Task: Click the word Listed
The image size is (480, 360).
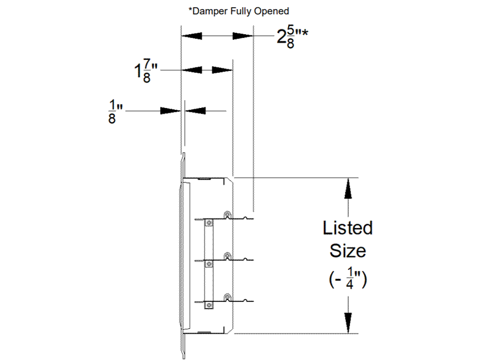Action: [x=347, y=229]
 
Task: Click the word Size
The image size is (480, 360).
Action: [x=347, y=250]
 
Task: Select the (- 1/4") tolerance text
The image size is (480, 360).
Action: [x=347, y=277]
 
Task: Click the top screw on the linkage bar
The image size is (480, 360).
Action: [x=209, y=223]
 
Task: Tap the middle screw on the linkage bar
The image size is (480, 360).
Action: [x=209, y=263]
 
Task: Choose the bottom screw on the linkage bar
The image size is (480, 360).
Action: [x=209, y=304]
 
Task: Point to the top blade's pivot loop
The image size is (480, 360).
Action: [x=227, y=215]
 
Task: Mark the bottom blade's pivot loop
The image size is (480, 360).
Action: [x=227, y=296]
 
